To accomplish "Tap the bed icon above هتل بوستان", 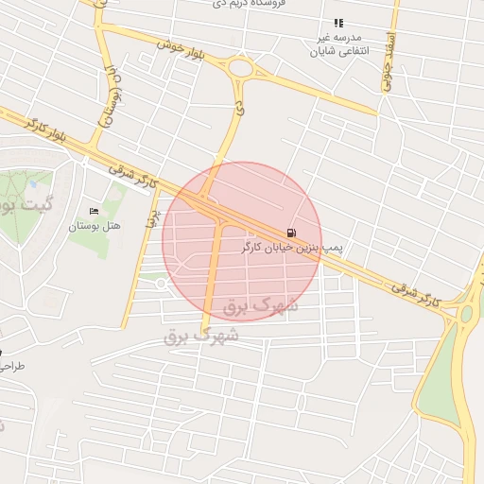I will [x=93, y=211].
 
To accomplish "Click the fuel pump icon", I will [x=290, y=233].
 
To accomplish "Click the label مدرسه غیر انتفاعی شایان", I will [x=338, y=44].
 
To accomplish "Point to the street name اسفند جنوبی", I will [x=388, y=64].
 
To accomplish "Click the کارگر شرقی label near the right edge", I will [x=416, y=292].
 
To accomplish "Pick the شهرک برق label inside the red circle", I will [x=261, y=305].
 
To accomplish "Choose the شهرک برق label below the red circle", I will [x=201, y=335].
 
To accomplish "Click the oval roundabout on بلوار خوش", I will [x=240, y=68].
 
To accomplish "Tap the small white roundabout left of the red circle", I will [x=162, y=283].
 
